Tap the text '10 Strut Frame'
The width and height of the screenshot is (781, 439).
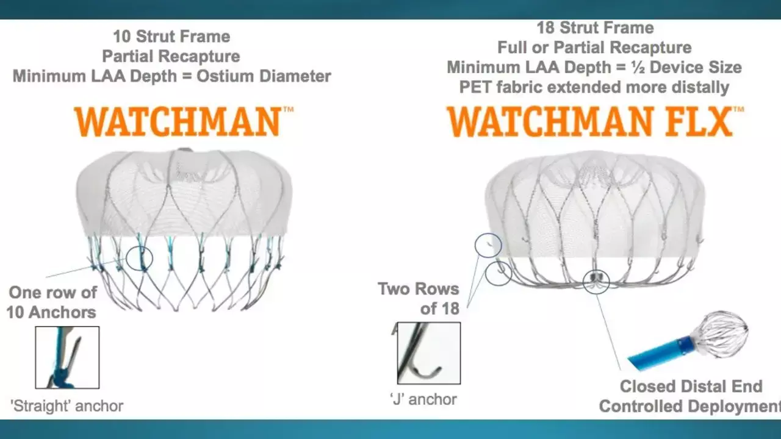(x=171, y=37)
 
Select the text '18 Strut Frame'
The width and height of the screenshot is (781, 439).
(x=595, y=28)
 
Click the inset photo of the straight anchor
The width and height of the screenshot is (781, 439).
(x=67, y=357)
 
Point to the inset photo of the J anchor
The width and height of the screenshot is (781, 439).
(x=429, y=353)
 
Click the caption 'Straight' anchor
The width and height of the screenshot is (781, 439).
(x=67, y=406)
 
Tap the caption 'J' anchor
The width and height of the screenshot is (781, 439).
(x=423, y=399)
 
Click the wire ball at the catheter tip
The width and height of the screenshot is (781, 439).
(x=719, y=331)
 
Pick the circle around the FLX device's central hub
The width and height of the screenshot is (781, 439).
(x=596, y=282)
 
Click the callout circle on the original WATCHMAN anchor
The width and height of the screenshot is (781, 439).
(x=139, y=259)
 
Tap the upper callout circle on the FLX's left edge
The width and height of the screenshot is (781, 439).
(x=488, y=246)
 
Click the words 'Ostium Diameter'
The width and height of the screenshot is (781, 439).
(x=264, y=76)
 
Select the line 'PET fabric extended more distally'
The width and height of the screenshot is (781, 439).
(x=594, y=87)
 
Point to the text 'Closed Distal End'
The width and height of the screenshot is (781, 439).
(x=691, y=387)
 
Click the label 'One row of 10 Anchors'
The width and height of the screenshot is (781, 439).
(x=52, y=302)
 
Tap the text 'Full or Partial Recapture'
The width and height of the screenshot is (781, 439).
(x=594, y=48)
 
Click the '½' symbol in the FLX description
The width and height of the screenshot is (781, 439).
(x=638, y=67)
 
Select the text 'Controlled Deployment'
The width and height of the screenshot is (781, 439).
(x=690, y=406)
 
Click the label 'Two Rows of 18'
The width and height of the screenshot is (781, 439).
(x=419, y=299)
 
